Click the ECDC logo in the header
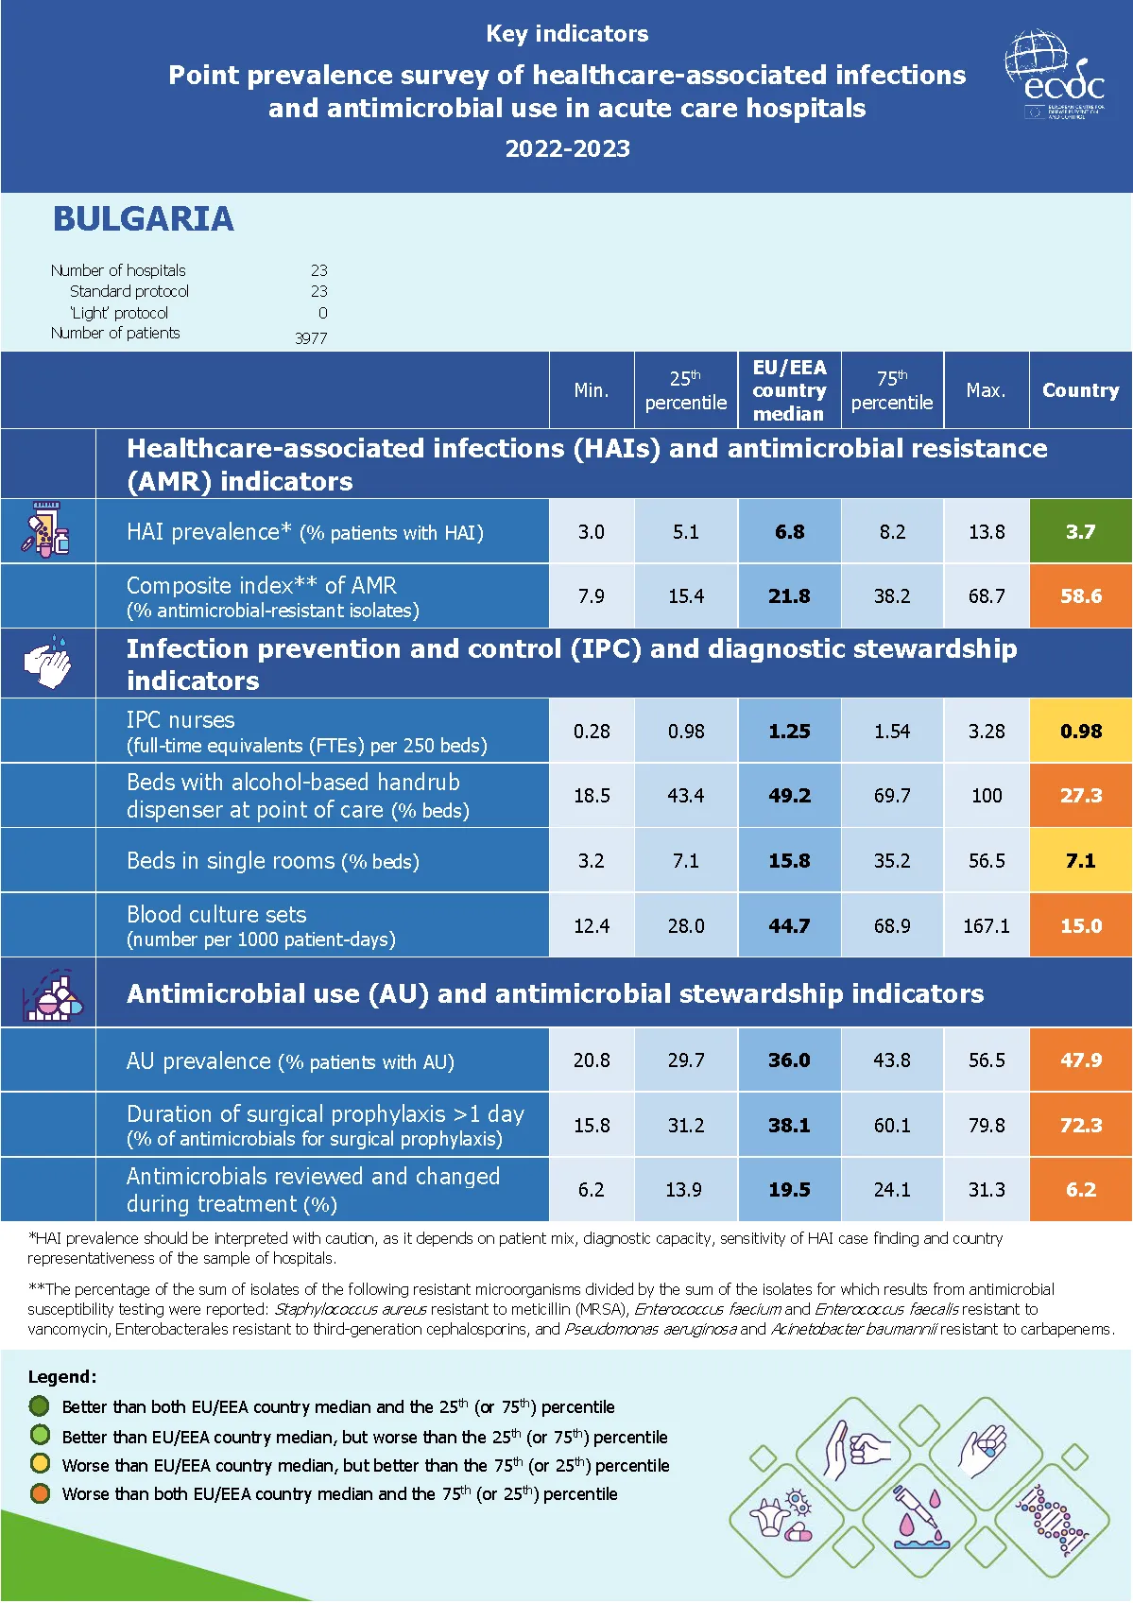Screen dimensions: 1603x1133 click(x=1055, y=76)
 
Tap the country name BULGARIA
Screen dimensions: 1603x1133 click(x=143, y=219)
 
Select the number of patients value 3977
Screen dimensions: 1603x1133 click(x=311, y=338)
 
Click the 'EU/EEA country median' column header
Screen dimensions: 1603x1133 click(x=789, y=390)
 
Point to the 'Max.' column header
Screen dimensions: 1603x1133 click(x=986, y=390)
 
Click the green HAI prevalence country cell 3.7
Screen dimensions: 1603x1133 click(x=1080, y=532)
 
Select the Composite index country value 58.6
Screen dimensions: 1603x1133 click(x=1080, y=596)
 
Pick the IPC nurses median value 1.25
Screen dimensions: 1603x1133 click(x=789, y=732)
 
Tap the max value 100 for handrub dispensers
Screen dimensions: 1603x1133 click(x=986, y=796)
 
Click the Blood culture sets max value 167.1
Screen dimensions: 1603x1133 click(x=986, y=926)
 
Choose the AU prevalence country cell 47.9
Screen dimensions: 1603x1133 click(x=1080, y=1060)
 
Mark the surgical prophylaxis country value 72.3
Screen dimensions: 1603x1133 click(x=1080, y=1126)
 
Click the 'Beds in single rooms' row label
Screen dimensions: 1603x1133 click(x=273, y=861)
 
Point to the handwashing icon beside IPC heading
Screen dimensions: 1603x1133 click(x=48, y=664)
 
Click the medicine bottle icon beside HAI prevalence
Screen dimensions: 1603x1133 click(x=46, y=530)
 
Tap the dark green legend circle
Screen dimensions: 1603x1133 click(x=40, y=1406)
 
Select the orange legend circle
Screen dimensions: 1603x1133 click(x=40, y=1493)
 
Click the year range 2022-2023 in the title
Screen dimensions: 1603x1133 click(x=567, y=149)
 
